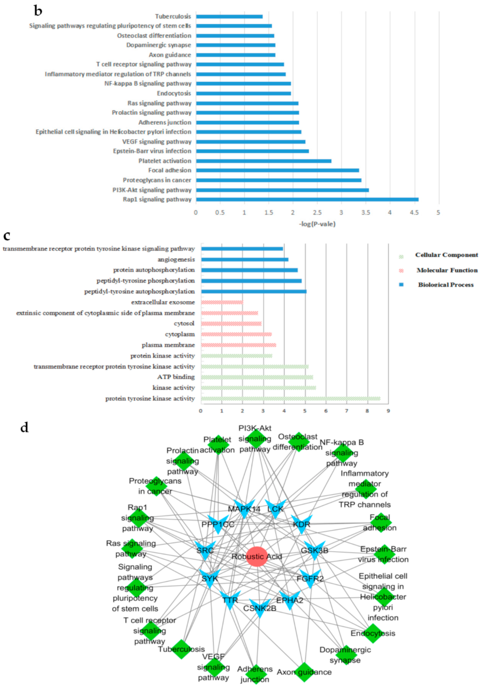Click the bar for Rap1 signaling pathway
click(307, 200)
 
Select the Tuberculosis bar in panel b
click(229, 17)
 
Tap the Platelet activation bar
click(263, 161)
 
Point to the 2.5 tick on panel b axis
click(317, 213)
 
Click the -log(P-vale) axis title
click(317, 224)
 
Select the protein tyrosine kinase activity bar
click(290, 399)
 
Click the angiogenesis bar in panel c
click(245, 259)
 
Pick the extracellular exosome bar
click(222, 302)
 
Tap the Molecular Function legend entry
click(447, 270)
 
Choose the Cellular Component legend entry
click(446, 255)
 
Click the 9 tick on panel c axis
click(388, 411)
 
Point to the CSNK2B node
click(260, 608)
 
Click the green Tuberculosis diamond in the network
click(181, 649)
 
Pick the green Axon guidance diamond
click(304, 672)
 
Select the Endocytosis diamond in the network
click(373, 634)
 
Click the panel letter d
click(24, 428)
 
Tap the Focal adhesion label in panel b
click(169, 170)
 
